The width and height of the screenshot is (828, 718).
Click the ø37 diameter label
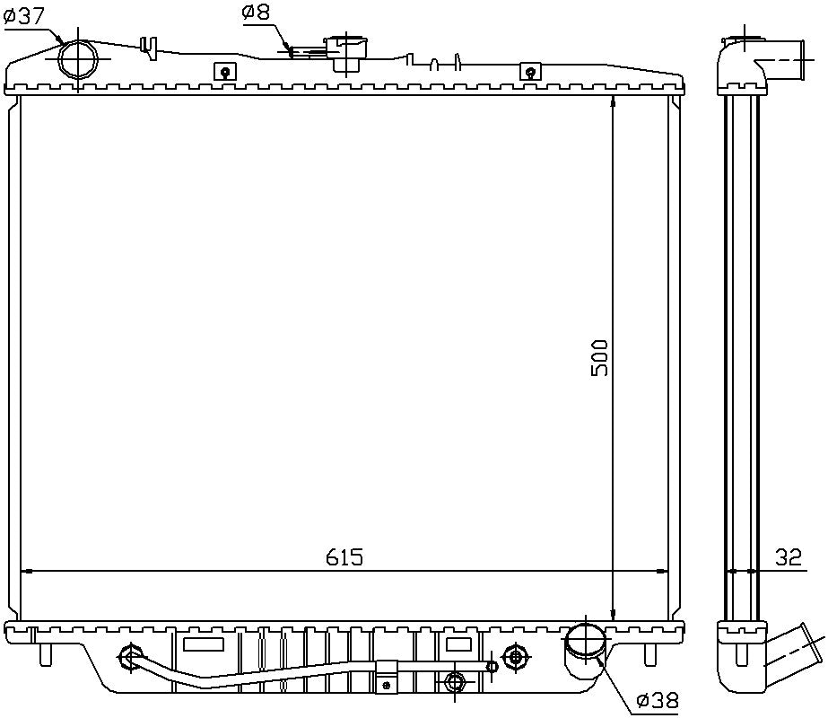pos(26,15)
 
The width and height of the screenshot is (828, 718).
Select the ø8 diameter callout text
pos(256,13)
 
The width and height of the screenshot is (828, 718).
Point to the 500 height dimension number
pos(599,357)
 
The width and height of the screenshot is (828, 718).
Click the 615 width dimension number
pos(344,557)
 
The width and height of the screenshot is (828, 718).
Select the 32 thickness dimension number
pos(788,557)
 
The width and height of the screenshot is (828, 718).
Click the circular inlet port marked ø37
pos(78,60)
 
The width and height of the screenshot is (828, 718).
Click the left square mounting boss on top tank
pos(225,73)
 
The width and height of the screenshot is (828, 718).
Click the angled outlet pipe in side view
pos(791,652)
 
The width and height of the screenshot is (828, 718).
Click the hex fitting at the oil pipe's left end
pos(130,658)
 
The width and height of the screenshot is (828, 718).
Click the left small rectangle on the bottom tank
pos(203,644)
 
